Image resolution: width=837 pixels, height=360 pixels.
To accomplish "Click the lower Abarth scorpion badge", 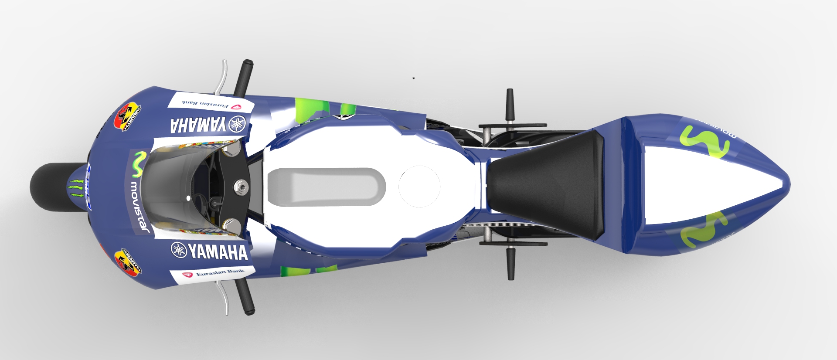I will (128, 262).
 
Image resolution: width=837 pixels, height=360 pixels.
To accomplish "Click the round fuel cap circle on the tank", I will (419, 187).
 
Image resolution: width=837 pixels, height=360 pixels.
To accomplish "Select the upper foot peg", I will (509, 105).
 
